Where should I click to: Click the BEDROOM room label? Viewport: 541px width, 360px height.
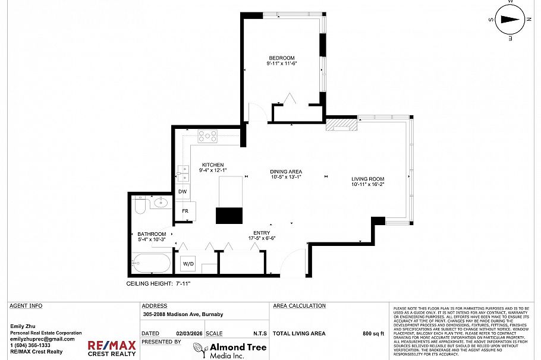click(x=281, y=58)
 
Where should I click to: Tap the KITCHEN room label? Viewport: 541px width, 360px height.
click(x=212, y=165)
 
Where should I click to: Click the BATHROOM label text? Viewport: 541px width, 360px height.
click(x=151, y=234)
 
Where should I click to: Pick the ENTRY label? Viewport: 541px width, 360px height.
click(x=262, y=233)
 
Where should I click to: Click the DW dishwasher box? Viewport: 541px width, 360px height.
click(x=183, y=191)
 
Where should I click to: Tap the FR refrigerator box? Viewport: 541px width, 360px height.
click(x=185, y=211)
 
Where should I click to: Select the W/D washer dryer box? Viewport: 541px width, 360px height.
click(x=188, y=263)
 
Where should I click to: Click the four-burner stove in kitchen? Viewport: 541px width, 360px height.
click(x=207, y=137)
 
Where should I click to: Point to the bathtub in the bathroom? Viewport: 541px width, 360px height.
click(x=152, y=262)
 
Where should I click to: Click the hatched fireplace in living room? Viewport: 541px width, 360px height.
click(x=342, y=125)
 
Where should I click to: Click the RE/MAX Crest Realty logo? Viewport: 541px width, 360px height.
click(x=112, y=348)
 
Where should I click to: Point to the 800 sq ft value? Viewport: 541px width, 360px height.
click(x=373, y=333)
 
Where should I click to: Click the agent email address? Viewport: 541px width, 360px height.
click(x=42, y=339)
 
